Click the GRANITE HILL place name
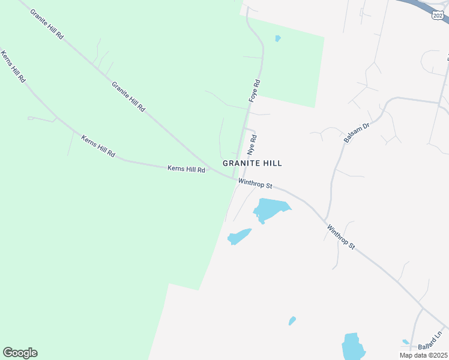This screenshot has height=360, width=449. pyautogui.click(x=252, y=163)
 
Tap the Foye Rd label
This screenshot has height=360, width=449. pyautogui.click(x=255, y=90)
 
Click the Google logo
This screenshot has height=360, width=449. pyautogui.click(x=20, y=353)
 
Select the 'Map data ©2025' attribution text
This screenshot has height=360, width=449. pyautogui.click(x=423, y=355)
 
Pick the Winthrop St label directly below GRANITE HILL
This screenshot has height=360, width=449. pyautogui.click(x=255, y=182)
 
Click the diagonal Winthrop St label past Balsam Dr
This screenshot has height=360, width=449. pyautogui.click(x=342, y=237)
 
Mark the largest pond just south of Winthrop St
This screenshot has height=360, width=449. pyautogui.click(x=270, y=209)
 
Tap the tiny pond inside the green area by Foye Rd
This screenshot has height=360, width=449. pyautogui.click(x=277, y=38)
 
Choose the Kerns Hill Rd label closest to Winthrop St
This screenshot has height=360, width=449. pyautogui.click(x=186, y=170)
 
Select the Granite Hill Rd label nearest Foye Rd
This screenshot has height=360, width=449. pyautogui.click(x=128, y=97)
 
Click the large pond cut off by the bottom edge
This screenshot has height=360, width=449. pyautogui.click(x=353, y=347)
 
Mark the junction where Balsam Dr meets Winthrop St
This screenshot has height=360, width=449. pyautogui.click(x=325, y=219)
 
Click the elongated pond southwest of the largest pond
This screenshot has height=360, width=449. pyautogui.click(x=239, y=236)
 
